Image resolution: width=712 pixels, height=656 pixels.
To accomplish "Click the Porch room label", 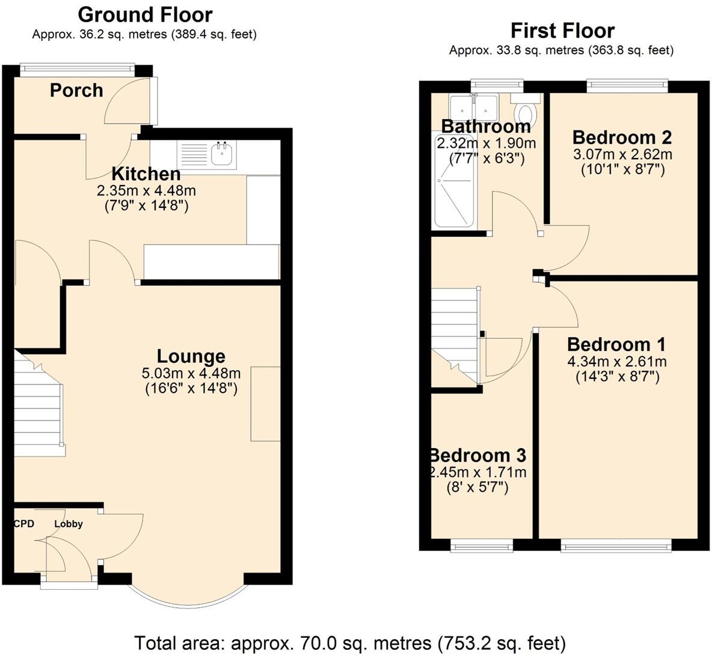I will click(76, 91).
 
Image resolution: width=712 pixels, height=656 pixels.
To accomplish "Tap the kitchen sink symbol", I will click(222, 154).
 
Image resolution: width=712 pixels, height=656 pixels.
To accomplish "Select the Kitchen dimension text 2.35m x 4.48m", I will click(147, 191).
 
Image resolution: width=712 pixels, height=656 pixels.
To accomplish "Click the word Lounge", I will click(191, 356).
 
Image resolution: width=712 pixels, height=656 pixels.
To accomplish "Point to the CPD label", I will click(24, 524).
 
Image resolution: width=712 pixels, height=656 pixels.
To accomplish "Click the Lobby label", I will click(69, 524).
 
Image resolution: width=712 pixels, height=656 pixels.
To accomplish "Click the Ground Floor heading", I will click(145, 14).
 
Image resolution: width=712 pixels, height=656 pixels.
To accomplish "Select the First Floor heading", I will click(562, 30).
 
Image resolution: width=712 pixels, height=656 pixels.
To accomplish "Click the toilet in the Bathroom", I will click(526, 112).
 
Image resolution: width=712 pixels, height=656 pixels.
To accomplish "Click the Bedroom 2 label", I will click(622, 138).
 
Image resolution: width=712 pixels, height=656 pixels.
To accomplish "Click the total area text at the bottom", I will click(350, 643).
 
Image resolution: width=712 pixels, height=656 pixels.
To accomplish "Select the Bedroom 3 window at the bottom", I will click(482, 545).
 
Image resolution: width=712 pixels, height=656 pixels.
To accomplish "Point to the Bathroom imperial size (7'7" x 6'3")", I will click(487, 159).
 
